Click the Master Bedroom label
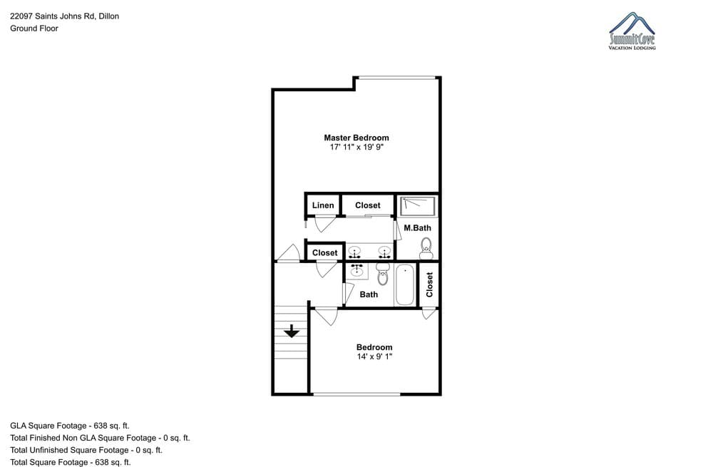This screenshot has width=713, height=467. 356,138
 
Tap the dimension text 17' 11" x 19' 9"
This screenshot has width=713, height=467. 356,148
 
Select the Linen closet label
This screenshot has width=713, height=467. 323,205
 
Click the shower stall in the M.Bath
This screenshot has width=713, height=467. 418,205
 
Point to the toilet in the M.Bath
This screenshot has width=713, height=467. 426,248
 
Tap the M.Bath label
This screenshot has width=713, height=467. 417,228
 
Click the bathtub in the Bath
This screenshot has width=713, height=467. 405,284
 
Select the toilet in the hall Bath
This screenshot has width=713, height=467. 383,274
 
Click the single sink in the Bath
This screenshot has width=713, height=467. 357,270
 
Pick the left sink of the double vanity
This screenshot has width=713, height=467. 354,252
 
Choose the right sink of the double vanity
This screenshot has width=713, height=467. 384,252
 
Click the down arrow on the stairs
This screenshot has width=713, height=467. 292,331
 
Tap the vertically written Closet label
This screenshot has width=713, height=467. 429,284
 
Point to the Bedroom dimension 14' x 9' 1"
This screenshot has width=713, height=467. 374,356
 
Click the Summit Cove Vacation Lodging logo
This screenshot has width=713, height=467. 632,31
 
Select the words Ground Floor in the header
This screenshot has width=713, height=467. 34,29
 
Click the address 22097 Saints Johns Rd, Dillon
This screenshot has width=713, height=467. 65,16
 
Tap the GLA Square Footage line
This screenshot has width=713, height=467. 70,426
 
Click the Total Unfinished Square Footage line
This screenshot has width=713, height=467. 86,450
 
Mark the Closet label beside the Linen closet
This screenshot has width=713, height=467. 367,205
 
